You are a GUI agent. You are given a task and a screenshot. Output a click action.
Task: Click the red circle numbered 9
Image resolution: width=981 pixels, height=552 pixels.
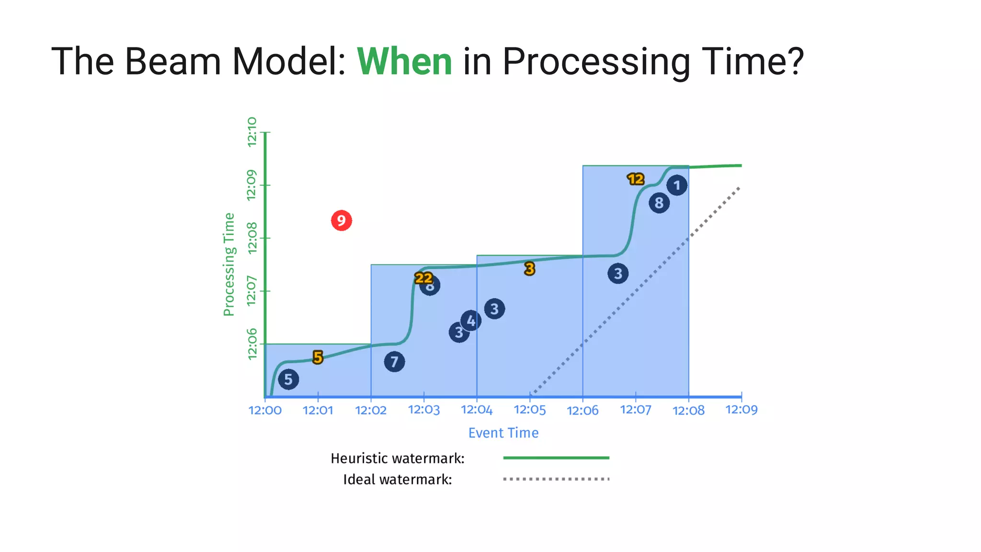[341, 220]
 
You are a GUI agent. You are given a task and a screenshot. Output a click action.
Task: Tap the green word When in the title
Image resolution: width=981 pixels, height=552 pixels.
[404, 62]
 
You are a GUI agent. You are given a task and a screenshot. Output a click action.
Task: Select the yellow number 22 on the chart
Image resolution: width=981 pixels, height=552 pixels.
[423, 278]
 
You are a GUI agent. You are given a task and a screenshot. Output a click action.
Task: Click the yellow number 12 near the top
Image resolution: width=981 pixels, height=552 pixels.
[636, 179]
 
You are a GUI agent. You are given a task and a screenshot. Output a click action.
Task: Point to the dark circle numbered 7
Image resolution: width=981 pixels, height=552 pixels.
[394, 362]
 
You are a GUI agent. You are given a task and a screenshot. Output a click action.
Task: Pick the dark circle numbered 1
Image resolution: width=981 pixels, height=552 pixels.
[677, 185]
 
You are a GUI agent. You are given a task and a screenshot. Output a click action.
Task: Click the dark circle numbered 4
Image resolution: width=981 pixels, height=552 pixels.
[471, 321]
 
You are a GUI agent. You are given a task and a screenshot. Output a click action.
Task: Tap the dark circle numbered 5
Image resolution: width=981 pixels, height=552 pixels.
[288, 379]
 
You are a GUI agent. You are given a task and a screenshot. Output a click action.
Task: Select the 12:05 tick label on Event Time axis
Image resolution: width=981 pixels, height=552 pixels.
[530, 410]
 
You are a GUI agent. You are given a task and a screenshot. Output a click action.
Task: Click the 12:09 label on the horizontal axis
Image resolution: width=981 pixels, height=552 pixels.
[741, 410]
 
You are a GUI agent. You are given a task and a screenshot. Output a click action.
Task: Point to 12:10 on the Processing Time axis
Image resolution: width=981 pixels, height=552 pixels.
[252, 131]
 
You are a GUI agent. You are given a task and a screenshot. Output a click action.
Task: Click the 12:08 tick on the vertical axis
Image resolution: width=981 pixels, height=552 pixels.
[252, 238]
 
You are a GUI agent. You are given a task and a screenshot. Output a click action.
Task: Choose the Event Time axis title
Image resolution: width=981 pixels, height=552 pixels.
[503, 433]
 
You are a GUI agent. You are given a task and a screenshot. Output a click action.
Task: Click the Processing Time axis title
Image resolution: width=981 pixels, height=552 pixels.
[229, 264]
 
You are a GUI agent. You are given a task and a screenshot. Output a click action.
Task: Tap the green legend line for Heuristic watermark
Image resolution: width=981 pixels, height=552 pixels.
[556, 458]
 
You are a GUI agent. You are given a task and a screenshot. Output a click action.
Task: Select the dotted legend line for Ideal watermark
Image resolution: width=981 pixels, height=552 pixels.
[556, 479]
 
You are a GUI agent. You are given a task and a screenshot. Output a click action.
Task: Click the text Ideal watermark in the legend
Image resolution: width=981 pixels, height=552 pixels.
[397, 480]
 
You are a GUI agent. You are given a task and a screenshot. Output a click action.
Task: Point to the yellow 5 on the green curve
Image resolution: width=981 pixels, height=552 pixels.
[318, 357]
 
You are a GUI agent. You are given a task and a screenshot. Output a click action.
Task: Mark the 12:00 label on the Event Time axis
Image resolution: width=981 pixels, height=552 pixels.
[265, 411]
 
